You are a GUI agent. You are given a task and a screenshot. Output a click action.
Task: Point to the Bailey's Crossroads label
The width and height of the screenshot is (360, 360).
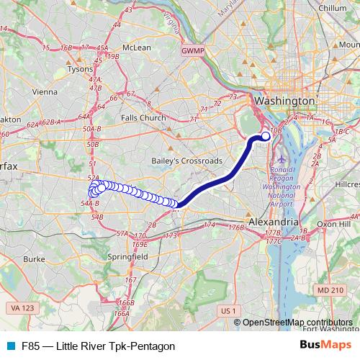click(186, 161)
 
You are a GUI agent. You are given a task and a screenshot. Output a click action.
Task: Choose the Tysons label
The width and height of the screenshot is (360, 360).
click(80, 69)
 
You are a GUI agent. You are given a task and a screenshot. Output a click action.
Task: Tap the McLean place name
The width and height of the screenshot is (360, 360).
click(136, 48)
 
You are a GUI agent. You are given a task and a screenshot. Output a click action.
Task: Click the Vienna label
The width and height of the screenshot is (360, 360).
click(44, 91)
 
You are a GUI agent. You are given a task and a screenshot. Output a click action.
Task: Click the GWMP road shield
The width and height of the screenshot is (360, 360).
click(193, 52)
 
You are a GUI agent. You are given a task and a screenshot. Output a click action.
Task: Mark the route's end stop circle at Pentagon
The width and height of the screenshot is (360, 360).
click(265, 135)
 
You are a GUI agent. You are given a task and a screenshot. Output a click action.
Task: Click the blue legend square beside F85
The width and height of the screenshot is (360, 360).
click(11, 346)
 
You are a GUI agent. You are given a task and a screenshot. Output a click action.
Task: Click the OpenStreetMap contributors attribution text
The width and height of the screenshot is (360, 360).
click(297, 323)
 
